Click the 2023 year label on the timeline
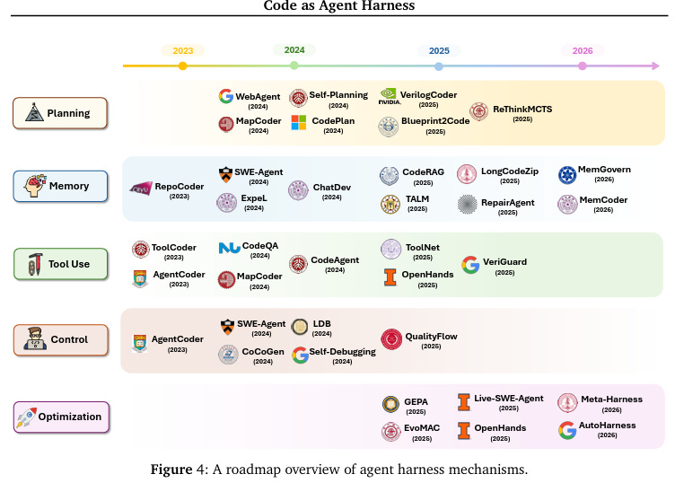pyautogui.click(x=183, y=51)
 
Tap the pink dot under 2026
pyautogui.click(x=582, y=66)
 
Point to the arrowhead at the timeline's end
pyautogui.click(x=655, y=66)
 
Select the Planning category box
pyautogui.click(x=60, y=113)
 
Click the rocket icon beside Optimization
pyautogui.click(x=26, y=417)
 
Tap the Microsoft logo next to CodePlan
pyautogui.click(x=298, y=122)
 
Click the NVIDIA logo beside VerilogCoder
pyautogui.click(x=389, y=96)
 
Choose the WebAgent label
pyautogui.click(x=258, y=96)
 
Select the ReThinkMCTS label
pyautogui.click(x=522, y=110)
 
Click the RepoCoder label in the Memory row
pyautogui.click(x=180, y=187)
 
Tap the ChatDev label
pyautogui.click(x=331, y=188)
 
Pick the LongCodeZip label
pyautogui.click(x=510, y=171)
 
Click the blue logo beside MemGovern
pyautogui.click(x=567, y=175)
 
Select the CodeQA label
pyautogui.click(x=260, y=246)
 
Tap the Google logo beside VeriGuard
pyautogui.click(x=470, y=265)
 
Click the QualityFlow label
pyautogui.click(x=431, y=336)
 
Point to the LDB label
pyautogui.click(x=321, y=324)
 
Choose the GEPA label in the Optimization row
pyautogui.click(x=416, y=401)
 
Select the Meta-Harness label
pyautogui.click(x=611, y=399)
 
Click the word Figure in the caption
pyautogui.click(x=171, y=470)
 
